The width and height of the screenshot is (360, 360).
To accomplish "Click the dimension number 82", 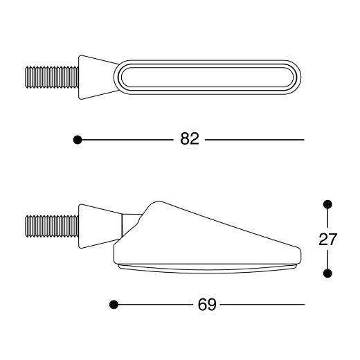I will click(x=189, y=139).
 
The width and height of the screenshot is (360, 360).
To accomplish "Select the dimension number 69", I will click(x=207, y=305).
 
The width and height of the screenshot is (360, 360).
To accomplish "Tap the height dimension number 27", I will click(x=327, y=240).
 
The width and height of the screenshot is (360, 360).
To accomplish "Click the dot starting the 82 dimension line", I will click(x=78, y=140).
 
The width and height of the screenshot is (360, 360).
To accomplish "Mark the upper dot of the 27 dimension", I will click(x=327, y=204).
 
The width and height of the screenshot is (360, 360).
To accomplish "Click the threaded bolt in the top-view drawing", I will click(x=51, y=76).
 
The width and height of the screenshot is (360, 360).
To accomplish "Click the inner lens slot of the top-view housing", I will click(x=208, y=76).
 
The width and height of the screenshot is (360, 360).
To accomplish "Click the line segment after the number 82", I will click(x=254, y=140).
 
